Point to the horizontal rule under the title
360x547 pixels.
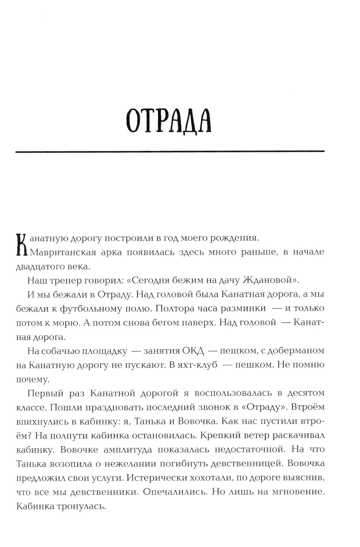170,152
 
